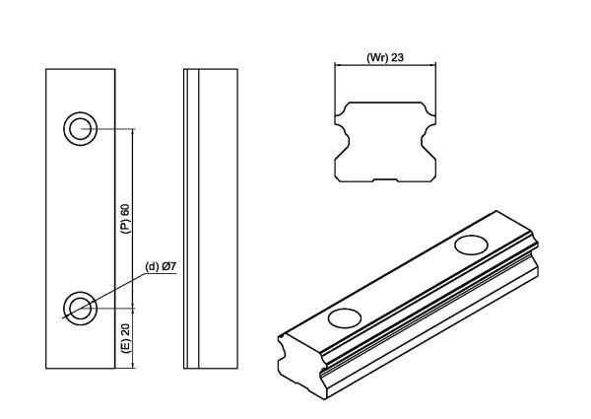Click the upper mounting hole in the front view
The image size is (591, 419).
pyautogui.click(x=80, y=128)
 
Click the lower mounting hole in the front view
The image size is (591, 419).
pyautogui.click(x=80, y=307)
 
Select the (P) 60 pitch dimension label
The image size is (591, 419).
pyautogui.click(x=125, y=218)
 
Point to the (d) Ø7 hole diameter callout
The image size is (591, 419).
pyautogui.click(x=161, y=266)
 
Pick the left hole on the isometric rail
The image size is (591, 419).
pyautogui.click(x=345, y=316)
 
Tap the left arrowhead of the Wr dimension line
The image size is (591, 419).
pyautogui.click(x=339, y=65)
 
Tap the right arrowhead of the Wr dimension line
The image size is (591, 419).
pyautogui.click(x=432, y=65)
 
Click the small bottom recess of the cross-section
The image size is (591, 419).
pyautogui.click(x=386, y=180)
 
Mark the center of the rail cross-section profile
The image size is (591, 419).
pyautogui.click(x=386, y=138)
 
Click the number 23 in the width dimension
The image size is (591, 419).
pyautogui.click(x=399, y=57)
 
